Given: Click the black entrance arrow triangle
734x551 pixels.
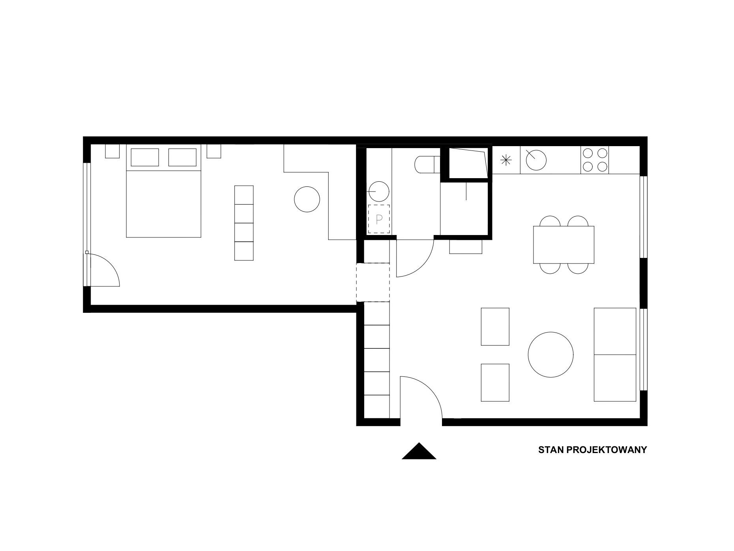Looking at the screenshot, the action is pos(419,452).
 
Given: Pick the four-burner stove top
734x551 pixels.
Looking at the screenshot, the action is pos(595,160).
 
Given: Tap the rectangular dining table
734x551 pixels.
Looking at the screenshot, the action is pos(564,244).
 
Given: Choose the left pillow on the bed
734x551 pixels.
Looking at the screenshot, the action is pos(144,157).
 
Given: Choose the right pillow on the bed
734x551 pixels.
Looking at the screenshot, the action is pos(182,157).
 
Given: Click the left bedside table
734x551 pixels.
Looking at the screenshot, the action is pos(112,151).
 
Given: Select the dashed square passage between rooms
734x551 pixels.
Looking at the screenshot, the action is pos(373,282).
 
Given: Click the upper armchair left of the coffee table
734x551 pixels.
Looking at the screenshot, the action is pos(495,327).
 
